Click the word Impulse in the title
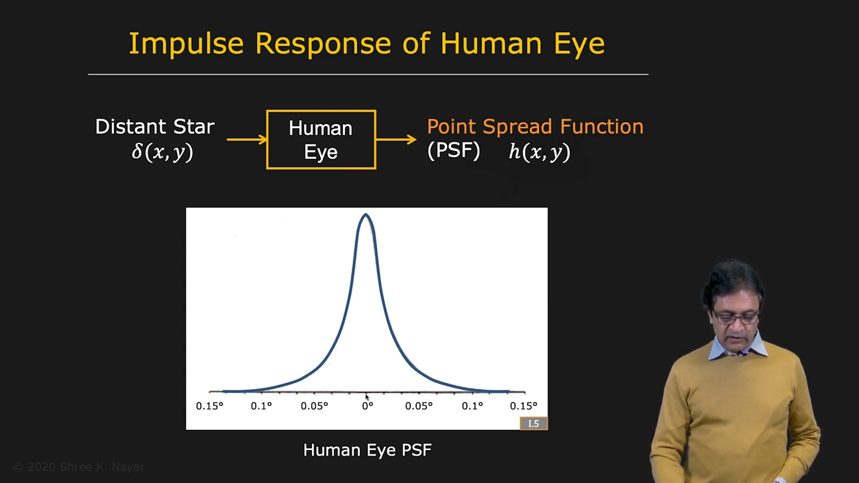pyautogui.click(x=186, y=44)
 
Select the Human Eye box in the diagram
pyautogui.click(x=321, y=140)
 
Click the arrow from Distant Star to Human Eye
pyautogui.click(x=247, y=139)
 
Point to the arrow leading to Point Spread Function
pyautogui.click(x=397, y=139)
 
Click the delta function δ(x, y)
pyautogui.click(x=162, y=152)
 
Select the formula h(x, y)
pyautogui.click(x=540, y=152)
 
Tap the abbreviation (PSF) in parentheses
pyautogui.click(x=454, y=151)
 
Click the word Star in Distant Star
pyautogui.click(x=194, y=127)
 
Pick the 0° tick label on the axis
pyautogui.click(x=367, y=406)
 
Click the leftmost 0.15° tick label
pyautogui.click(x=209, y=406)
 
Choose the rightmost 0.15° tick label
pyautogui.click(x=523, y=406)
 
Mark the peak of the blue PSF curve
pyautogui.click(x=366, y=214)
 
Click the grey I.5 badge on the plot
pyautogui.click(x=534, y=423)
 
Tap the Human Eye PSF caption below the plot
pyautogui.click(x=367, y=450)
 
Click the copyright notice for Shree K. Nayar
pyautogui.click(x=79, y=467)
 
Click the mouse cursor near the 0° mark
pyautogui.click(x=367, y=397)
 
